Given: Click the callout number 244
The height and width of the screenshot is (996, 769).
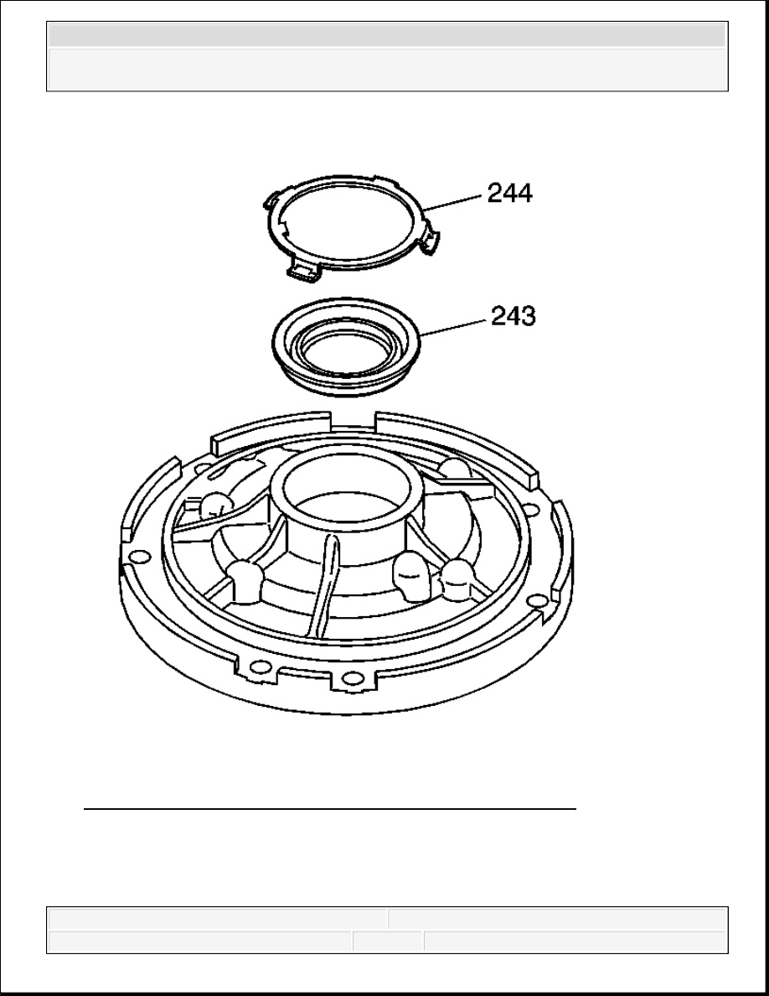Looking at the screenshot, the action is tap(509, 193).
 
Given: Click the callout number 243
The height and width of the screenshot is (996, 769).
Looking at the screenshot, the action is tap(514, 316).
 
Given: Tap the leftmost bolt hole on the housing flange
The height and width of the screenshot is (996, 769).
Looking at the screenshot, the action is tap(136, 557).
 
